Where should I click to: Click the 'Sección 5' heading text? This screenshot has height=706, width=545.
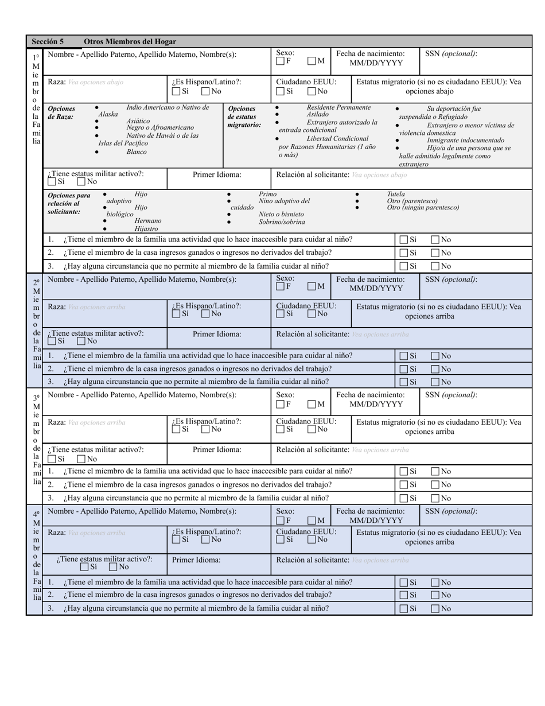coord(48,41)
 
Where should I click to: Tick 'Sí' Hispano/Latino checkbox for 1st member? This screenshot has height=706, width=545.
coord(176,91)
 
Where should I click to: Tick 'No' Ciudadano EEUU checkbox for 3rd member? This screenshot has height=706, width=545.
coord(312,429)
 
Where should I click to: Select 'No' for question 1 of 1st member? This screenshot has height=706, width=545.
coord(435,240)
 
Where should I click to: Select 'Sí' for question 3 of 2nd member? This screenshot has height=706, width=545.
coord(404,382)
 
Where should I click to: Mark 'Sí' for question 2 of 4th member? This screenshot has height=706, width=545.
coord(404,595)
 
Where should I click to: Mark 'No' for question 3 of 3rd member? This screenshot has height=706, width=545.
coord(435,498)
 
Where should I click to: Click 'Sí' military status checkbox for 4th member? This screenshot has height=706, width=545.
coord(85,568)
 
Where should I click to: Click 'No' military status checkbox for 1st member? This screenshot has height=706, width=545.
coord(81,182)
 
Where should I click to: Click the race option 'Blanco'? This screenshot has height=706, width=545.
coord(137,152)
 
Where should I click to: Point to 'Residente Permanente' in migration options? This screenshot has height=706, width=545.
coord(338,107)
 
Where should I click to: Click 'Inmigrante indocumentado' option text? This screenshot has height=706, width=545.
coord(465,140)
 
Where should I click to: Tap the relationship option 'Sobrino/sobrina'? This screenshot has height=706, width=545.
coord(282,222)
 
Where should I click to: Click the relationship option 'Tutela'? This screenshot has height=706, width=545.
coord(395,194)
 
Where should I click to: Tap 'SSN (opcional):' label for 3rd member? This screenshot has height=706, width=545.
coord(450,395)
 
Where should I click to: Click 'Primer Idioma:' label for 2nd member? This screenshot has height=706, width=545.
coord(217,333)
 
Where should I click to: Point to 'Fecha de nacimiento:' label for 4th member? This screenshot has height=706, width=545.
coord(370,511)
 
